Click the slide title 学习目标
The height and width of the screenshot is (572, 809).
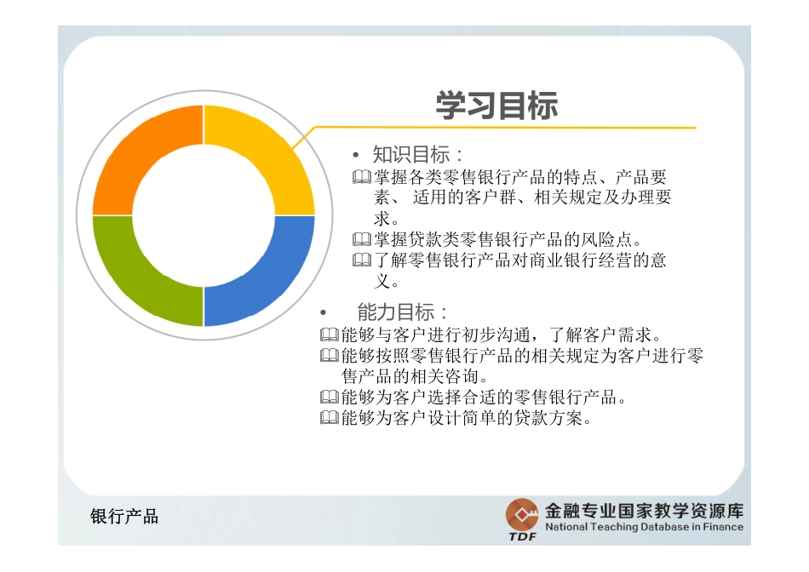pyautogui.click(x=496, y=106)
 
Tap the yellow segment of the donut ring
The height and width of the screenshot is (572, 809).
pyautogui.click(x=261, y=158)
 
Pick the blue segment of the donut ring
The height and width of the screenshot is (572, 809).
pyautogui.click(x=261, y=272)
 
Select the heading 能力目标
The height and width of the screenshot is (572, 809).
pyautogui.click(x=402, y=312)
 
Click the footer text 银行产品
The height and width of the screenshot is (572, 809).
pyautogui.click(x=124, y=516)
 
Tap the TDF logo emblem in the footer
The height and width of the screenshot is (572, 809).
pyautogui.click(x=521, y=515)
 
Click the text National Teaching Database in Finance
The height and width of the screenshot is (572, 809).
pyautogui.click(x=644, y=527)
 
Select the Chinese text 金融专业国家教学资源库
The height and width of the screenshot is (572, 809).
pyautogui.click(x=644, y=510)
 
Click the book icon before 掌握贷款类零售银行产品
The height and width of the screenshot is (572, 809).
pyautogui.click(x=362, y=239)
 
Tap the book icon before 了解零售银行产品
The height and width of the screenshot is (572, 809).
pyautogui.click(x=362, y=260)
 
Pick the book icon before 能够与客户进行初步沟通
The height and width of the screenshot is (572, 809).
pyautogui.click(x=330, y=333)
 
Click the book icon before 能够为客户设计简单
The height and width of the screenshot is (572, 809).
pyautogui.click(x=330, y=418)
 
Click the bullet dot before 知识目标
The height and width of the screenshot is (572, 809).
pyautogui.click(x=357, y=156)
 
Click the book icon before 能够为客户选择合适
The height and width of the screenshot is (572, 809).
pyautogui.click(x=330, y=397)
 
